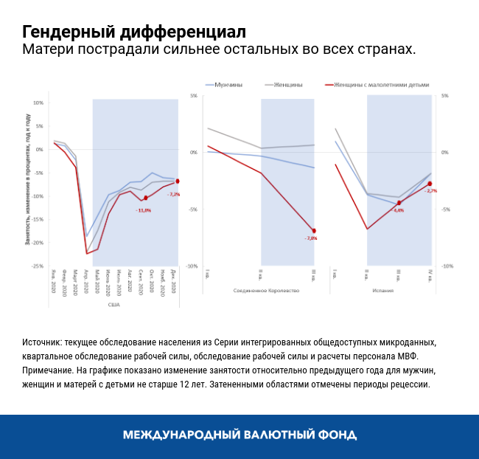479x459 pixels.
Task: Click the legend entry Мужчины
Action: (x=228, y=85)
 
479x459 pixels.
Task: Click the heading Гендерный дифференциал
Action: (x=133, y=32)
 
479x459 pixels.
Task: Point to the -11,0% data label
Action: (x=143, y=210)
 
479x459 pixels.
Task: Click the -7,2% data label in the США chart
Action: (x=174, y=194)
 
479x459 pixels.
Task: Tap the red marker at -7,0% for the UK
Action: (x=314, y=231)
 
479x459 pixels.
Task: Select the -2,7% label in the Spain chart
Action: (x=431, y=191)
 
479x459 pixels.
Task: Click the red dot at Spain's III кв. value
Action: (x=399, y=203)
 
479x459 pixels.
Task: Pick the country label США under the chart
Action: (x=113, y=304)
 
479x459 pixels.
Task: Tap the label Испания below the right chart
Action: (x=382, y=291)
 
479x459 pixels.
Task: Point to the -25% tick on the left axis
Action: (x=38, y=266)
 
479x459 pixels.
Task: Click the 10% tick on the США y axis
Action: (x=38, y=103)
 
